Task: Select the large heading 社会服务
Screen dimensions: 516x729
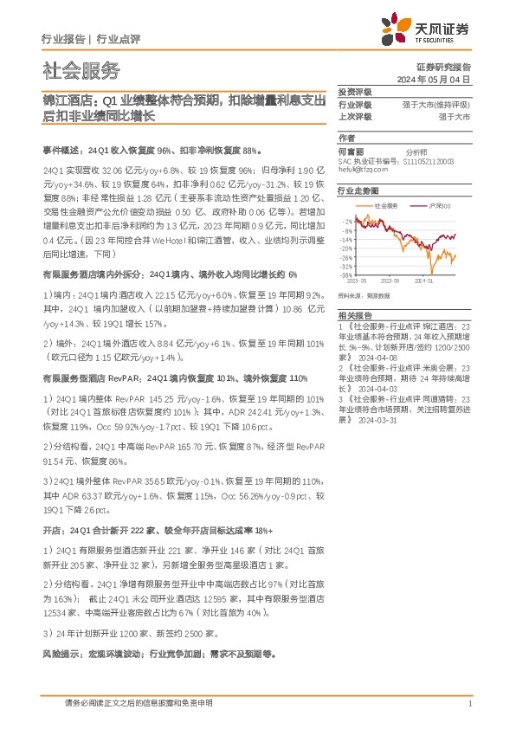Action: point(81,71)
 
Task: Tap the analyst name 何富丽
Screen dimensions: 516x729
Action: point(352,151)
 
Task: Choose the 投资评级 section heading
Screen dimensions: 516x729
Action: point(355,92)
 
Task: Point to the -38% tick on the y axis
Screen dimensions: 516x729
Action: point(345,274)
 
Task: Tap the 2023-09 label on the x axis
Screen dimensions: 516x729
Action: point(390,281)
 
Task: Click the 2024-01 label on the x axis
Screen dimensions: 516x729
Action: point(428,281)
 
